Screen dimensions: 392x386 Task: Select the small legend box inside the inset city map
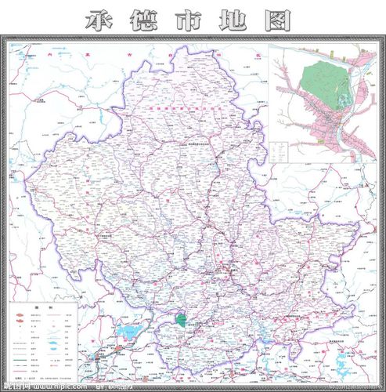[280, 149]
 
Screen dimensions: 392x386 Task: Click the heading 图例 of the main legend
[43, 307]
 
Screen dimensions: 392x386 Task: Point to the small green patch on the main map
[182, 320]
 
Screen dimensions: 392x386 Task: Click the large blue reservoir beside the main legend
[125, 336]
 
